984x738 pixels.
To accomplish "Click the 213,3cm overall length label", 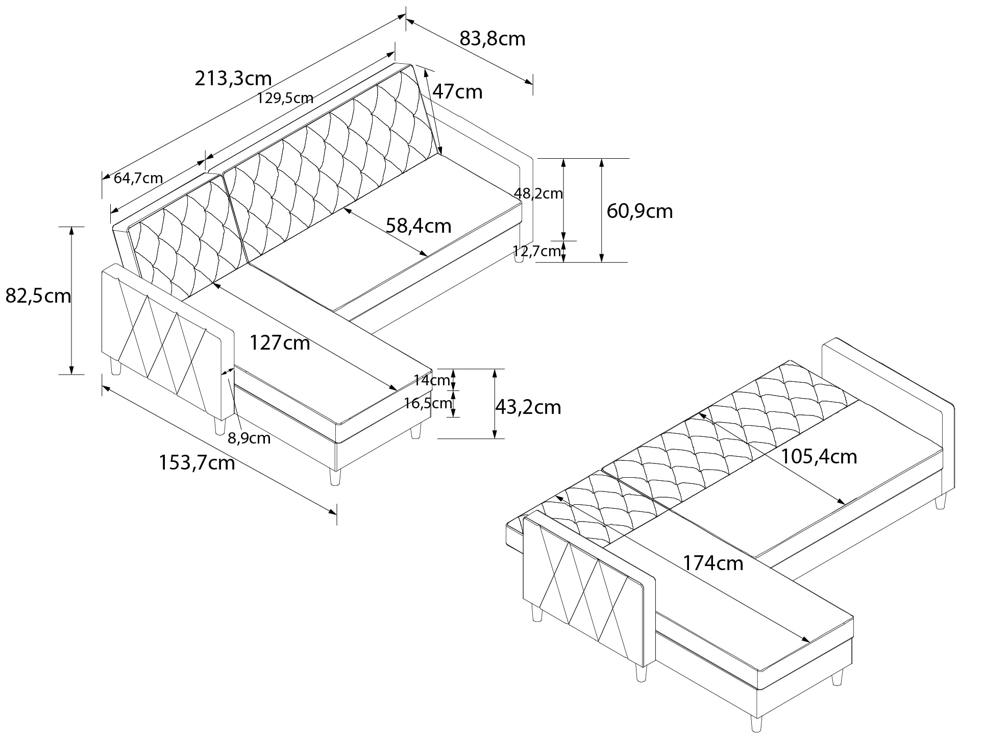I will [233, 78].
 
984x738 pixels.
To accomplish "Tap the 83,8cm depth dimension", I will [492, 38].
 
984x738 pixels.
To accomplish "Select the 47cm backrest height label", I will [457, 92].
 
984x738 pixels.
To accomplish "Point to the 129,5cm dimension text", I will [285, 98].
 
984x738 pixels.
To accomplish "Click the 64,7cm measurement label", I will [138, 178].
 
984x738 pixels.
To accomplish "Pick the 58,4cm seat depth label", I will [418, 225].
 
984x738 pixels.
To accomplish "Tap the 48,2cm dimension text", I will [538, 193].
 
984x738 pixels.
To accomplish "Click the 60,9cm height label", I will [639, 211].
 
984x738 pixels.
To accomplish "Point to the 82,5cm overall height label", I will [38, 296].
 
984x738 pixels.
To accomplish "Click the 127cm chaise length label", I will [279, 343].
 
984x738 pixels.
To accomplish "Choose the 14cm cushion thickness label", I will [431, 380].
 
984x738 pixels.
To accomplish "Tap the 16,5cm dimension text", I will [428, 404].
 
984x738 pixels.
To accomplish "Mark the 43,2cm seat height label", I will [528, 407].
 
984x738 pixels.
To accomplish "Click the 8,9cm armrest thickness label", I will [249, 438].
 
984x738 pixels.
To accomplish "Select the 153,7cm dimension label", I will [196, 463].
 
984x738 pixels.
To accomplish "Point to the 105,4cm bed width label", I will [819, 456].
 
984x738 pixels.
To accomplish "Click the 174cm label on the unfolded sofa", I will [712, 563].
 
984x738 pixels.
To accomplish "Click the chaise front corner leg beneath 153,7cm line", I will [335, 477].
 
